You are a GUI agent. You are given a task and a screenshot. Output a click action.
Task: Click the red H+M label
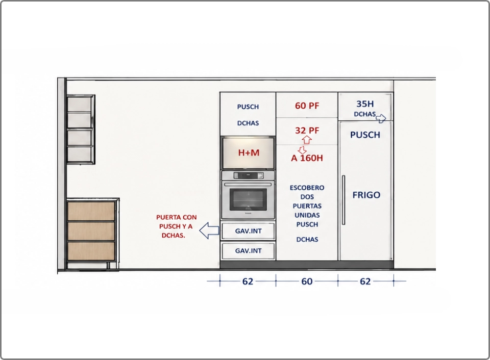pos(249,152)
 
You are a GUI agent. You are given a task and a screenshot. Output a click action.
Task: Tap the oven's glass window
pos(248,199)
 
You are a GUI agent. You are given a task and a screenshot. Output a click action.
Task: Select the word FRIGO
pos(366,195)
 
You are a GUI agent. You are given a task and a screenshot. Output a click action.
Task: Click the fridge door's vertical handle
pos(344,200)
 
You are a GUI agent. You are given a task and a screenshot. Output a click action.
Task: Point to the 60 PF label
pos(307,106)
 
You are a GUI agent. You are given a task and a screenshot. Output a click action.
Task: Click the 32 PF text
pos(307,130)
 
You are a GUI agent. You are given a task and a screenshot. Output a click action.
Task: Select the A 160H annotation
pos(307,158)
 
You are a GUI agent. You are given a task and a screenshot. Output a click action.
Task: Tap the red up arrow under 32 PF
pos(307,140)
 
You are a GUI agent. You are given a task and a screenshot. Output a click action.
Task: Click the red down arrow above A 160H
pos(302,150)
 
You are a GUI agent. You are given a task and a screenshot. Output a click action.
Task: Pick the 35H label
pos(365,104)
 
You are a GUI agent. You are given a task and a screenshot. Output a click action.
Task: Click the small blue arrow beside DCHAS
pos(381,118)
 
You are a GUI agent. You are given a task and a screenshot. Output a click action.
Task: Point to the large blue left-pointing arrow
pos(209,231)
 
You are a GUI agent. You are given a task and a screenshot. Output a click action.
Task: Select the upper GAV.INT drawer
pos(248,231)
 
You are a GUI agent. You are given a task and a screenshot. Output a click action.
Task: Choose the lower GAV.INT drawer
pos(248,251)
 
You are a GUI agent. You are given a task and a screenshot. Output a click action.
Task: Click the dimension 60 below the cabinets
pos(307,281)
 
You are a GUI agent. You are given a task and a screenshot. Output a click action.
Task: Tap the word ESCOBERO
pos(307,188)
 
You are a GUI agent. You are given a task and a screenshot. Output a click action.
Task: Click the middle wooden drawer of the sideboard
pos(91,231)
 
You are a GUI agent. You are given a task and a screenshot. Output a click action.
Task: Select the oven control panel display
pos(248,175)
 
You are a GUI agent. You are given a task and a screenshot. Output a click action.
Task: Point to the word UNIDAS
pos(307,215)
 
